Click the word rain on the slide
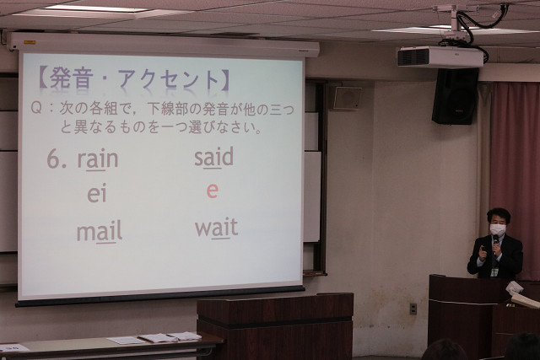pos(98,159)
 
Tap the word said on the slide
pos(213,157)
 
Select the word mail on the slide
pos(100,231)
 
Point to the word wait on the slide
pos(216,228)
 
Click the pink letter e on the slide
pos(212,191)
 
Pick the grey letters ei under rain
pos(97,194)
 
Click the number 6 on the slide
pos(52,159)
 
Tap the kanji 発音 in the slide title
pos(72,78)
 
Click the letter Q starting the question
pos(36,108)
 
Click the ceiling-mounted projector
pos(440,56)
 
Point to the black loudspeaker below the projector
pos(455,96)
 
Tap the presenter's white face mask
pos(498,229)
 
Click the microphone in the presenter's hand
pos(495,244)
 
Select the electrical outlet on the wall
pos(413,309)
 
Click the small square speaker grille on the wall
pos(347,98)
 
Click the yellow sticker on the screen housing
pos(30,42)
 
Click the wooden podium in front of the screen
pos(275,325)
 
